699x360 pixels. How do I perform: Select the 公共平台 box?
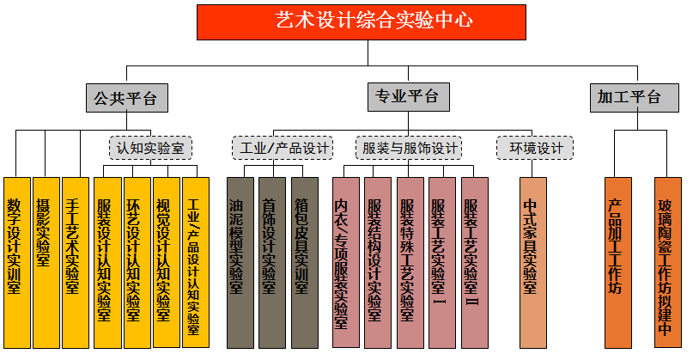point(125,98)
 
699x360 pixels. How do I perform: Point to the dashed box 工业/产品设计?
point(282,148)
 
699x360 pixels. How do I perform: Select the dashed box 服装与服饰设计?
point(410,148)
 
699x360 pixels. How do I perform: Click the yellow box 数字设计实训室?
point(16,262)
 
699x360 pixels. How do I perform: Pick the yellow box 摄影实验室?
point(46,262)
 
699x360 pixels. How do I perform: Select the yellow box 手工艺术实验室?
point(76,262)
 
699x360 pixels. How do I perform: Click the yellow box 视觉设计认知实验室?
point(167,262)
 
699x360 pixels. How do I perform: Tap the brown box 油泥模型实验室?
point(240,262)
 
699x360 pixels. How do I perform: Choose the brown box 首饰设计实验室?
point(271,262)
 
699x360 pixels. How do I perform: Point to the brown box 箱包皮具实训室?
point(304,262)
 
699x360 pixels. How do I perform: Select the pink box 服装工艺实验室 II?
point(474,262)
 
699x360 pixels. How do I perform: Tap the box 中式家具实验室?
point(532,262)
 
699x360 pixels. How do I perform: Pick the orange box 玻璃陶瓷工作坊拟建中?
point(667,262)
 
